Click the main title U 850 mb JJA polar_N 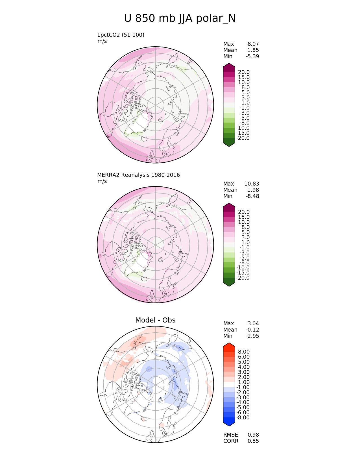point(180,19)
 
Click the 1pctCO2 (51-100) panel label point(121,35)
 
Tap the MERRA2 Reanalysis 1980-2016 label point(138,175)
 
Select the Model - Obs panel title point(155,320)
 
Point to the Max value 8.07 point(253,44)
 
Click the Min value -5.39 point(252,56)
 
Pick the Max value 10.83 point(252,184)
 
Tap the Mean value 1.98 point(253,190)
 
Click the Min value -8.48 point(252,196)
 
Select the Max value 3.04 point(253,323)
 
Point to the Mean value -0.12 point(252,330)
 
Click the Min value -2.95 point(252,336)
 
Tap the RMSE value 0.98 point(253,435)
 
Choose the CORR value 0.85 point(253,441)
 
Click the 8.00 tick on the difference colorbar point(244,352)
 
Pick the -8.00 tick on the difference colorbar point(243,418)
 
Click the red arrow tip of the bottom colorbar point(229,345)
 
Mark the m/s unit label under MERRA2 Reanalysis point(102,181)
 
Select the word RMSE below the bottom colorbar point(230,435)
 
